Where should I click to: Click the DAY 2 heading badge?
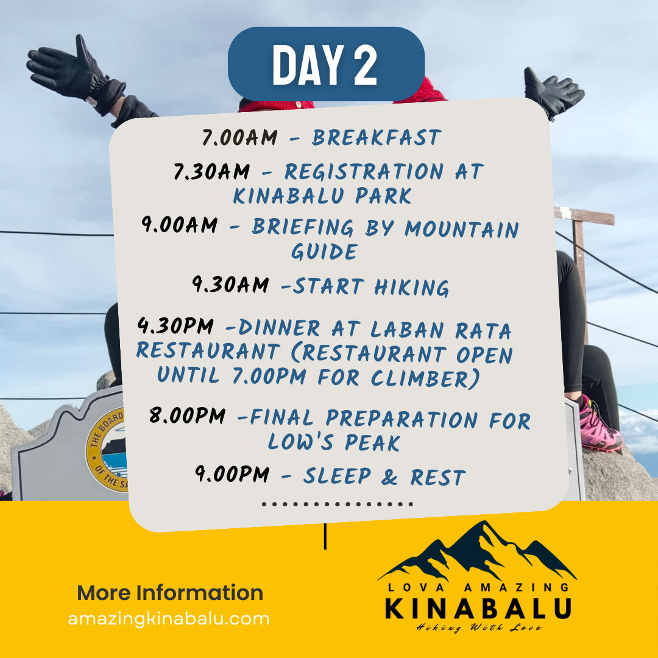(x=326, y=64)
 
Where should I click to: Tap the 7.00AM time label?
(x=239, y=137)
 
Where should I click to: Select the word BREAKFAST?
(x=377, y=137)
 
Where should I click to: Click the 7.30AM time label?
(x=212, y=171)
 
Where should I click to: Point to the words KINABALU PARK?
(x=322, y=196)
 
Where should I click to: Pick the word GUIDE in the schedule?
(x=324, y=252)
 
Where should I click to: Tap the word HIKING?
(x=412, y=288)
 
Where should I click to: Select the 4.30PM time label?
(x=175, y=326)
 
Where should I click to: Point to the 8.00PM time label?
(x=188, y=416)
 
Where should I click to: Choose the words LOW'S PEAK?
(x=334, y=442)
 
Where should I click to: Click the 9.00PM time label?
(x=232, y=474)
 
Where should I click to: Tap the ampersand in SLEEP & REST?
(x=389, y=476)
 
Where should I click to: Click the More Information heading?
(x=170, y=593)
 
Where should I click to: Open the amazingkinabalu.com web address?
(x=169, y=619)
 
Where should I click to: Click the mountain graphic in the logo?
(x=478, y=550)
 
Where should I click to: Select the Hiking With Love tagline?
(x=479, y=628)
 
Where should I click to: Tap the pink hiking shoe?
(x=599, y=426)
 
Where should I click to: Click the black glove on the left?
(x=76, y=75)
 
